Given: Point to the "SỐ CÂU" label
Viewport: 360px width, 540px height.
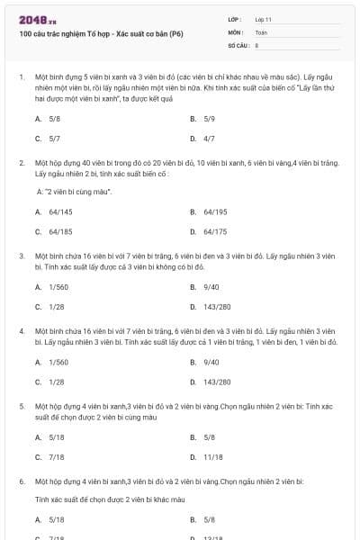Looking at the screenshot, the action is coord(238,44).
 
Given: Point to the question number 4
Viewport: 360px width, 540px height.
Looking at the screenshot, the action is coord(21,331).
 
